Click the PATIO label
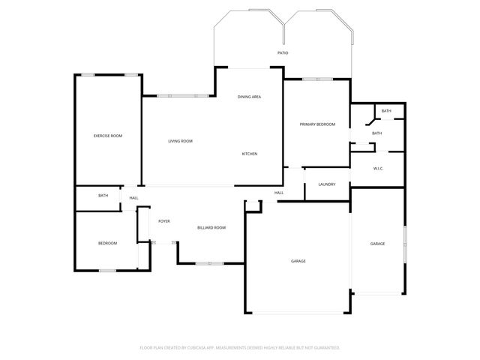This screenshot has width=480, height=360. coord(283,53)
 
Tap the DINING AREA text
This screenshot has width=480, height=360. coord(249,97)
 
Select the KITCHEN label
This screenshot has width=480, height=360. coord(250,154)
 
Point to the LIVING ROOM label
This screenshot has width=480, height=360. coord(180,141)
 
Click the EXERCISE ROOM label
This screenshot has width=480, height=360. coord(107,136)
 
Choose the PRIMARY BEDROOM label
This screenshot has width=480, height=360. coord(317,124)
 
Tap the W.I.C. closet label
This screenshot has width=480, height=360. coord(378,168)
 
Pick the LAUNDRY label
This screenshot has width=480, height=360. coord(326,184)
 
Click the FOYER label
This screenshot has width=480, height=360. coord(163,221)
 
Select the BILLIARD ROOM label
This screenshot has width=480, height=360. coord(211,227)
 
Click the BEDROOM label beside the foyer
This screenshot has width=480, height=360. coord(107,243)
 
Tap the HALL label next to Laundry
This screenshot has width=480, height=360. coord(278,193)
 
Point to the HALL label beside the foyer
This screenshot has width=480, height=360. coord(133,198)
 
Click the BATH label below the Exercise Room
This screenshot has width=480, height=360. coord(103,196)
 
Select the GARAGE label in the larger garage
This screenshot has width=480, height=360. coord(298,260)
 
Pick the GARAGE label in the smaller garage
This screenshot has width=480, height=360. coord(377,243)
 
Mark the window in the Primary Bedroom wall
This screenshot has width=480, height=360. coord(317,79)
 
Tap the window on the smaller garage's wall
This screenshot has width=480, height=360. coord(405,244)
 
